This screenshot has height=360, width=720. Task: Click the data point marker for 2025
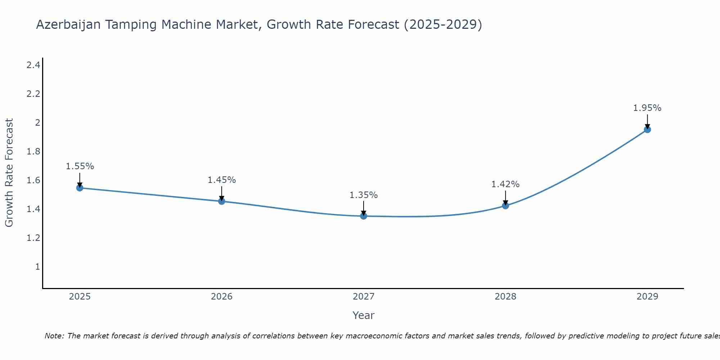point(80,188)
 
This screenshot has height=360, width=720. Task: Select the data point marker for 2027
point(364,216)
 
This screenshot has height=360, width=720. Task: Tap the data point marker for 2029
point(647,130)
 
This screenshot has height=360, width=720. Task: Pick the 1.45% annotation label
point(222,180)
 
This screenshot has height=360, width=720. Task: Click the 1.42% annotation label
point(505,184)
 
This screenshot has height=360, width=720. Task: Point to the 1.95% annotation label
point(647,108)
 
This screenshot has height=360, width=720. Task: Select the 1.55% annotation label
point(80,166)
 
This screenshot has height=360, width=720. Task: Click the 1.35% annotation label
point(364,195)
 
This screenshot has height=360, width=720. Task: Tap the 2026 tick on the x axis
point(222,297)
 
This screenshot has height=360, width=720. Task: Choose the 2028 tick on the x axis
point(505,297)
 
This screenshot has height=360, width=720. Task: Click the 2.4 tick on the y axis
point(33,65)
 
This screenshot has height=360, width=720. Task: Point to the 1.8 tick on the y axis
point(33,152)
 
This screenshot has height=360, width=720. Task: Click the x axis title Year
point(364,315)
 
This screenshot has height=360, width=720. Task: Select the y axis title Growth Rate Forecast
point(9,173)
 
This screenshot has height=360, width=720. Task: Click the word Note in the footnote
point(54,336)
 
